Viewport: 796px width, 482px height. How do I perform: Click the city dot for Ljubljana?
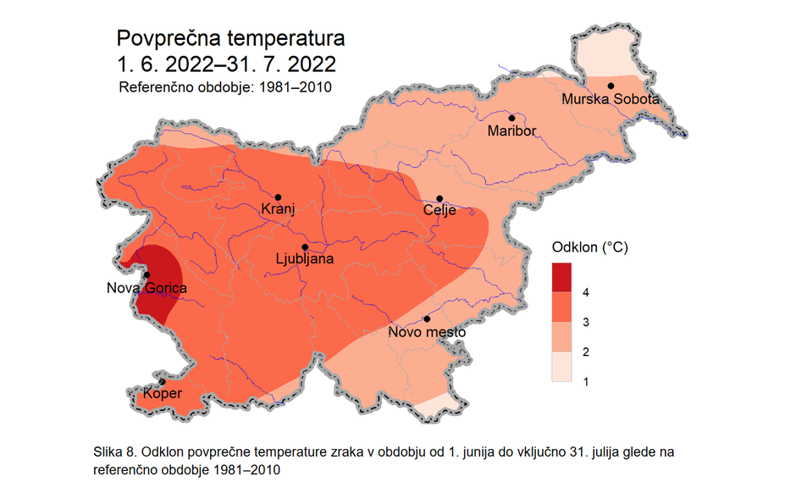(x=306, y=247)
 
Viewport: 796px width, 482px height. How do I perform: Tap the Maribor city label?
(x=511, y=131)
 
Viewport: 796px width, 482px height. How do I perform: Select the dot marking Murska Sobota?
(x=610, y=86)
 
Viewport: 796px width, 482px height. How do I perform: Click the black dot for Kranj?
(x=278, y=197)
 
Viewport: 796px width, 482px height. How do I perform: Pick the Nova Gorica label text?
(x=146, y=288)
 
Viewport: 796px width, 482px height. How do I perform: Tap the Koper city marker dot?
(x=162, y=381)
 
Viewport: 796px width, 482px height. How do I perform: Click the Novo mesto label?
(x=427, y=332)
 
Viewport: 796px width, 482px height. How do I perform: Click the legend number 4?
(x=586, y=292)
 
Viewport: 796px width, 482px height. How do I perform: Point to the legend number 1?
(x=586, y=382)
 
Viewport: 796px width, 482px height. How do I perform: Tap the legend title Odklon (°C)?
(x=590, y=248)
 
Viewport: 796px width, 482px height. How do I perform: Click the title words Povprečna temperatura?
(x=230, y=39)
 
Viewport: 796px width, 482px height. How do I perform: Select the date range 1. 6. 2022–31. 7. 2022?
(x=226, y=64)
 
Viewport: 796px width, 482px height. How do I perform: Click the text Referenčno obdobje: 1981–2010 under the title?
(x=224, y=87)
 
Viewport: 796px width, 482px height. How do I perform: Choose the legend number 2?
(x=586, y=352)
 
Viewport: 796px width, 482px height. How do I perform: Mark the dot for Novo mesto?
(x=428, y=319)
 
